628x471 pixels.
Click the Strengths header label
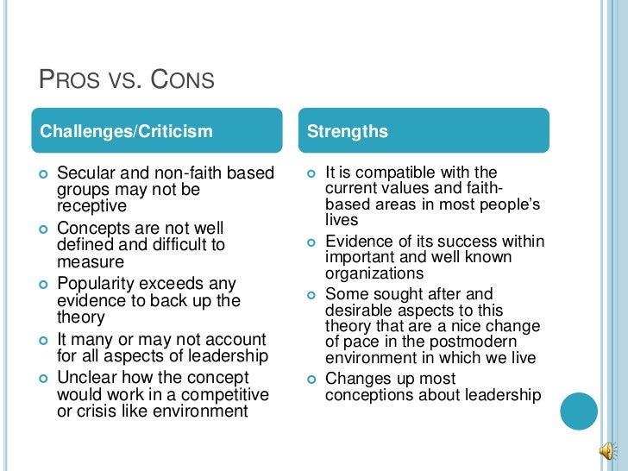pos(347,132)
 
